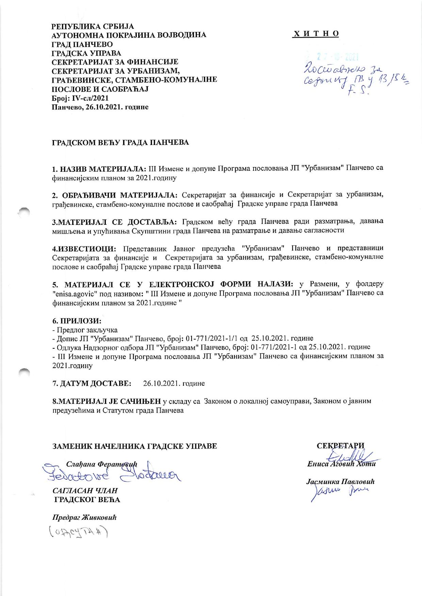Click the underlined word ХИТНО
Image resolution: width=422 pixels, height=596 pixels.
(316, 34)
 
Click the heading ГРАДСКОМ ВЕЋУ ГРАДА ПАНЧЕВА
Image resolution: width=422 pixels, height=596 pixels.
(120, 142)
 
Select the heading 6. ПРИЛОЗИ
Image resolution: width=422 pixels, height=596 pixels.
(77, 321)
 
